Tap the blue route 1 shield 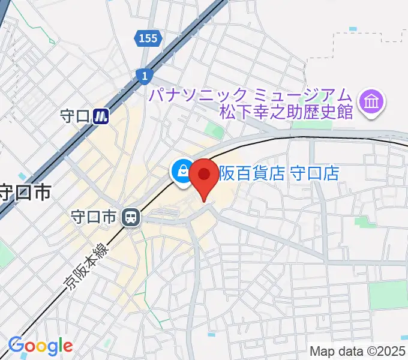point(145,75)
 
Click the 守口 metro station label point(75,116)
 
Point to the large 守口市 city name point(24,193)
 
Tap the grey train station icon point(130,217)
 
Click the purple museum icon point(371,101)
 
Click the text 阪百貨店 point(251,173)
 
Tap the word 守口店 point(314,173)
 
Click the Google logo point(40,346)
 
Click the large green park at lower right point(388,295)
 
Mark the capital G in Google point(16,346)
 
